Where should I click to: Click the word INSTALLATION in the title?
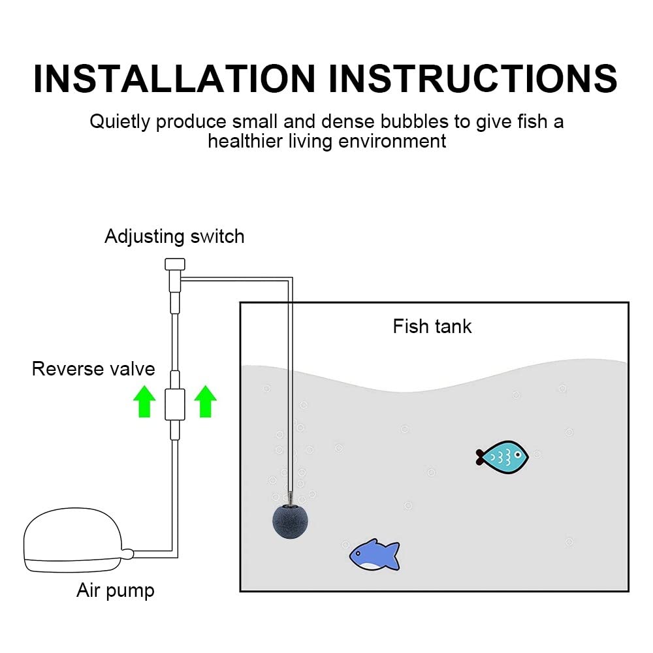pyautogui.click(x=174, y=78)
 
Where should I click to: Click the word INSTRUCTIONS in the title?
pyautogui.click(x=473, y=78)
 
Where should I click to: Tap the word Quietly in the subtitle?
pyautogui.click(x=119, y=122)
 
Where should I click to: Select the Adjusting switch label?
pyautogui.click(x=174, y=236)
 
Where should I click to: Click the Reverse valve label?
pyautogui.click(x=93, y=369)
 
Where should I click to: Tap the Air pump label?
pyautogui.click(x=116, y=590)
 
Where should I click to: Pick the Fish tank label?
pyautogui.click(x=432, y=326)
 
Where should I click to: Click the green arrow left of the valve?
pyautogui.click(x=144, y=401)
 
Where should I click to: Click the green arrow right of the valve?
pyautogui.click(x=205, y=401)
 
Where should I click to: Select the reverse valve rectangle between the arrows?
pyautogui.click(x=175, y=404)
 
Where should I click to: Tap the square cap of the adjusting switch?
pyautogui.click(x=175, y=264)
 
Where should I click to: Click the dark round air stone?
pyautogui.click(x=291, y=521)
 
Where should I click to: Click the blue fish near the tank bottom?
pyautogui.click(x=374, y=554)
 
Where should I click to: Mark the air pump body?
pyautogui.click(x=73, y=540)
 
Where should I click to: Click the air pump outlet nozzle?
pyautogui.click(x=127, y=554)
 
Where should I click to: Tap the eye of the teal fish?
pyautogui.click(x=518, y=454)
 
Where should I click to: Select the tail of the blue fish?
pyautogui.click(x=392, y=556)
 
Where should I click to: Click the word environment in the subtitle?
pyautogui.click(x=392, y=141)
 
